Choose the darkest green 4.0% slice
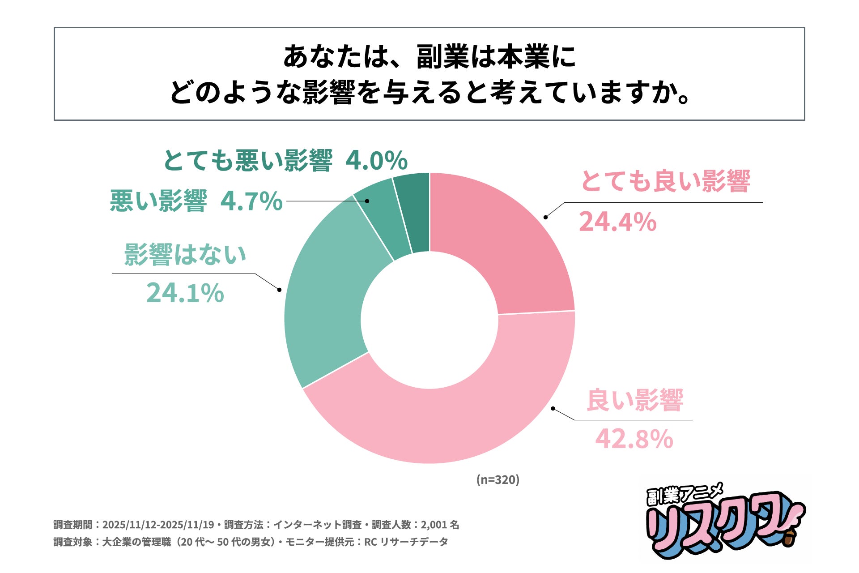(x=414, y=210)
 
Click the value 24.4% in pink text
(x=617, y=222)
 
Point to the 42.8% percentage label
(x=634, y=439)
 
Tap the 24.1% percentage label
(x=185, y=293)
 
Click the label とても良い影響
(x=665, y=182)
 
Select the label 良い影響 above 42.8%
(x=634, y=400)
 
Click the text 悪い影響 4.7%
(x=196, y=201)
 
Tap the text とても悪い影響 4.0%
(x=285, y=161)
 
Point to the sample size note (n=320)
(x=498, y=480)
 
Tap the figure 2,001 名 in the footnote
(x=440, y=525)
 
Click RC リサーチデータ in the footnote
(x=406, y=542)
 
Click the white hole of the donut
(x=429, y=320)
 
